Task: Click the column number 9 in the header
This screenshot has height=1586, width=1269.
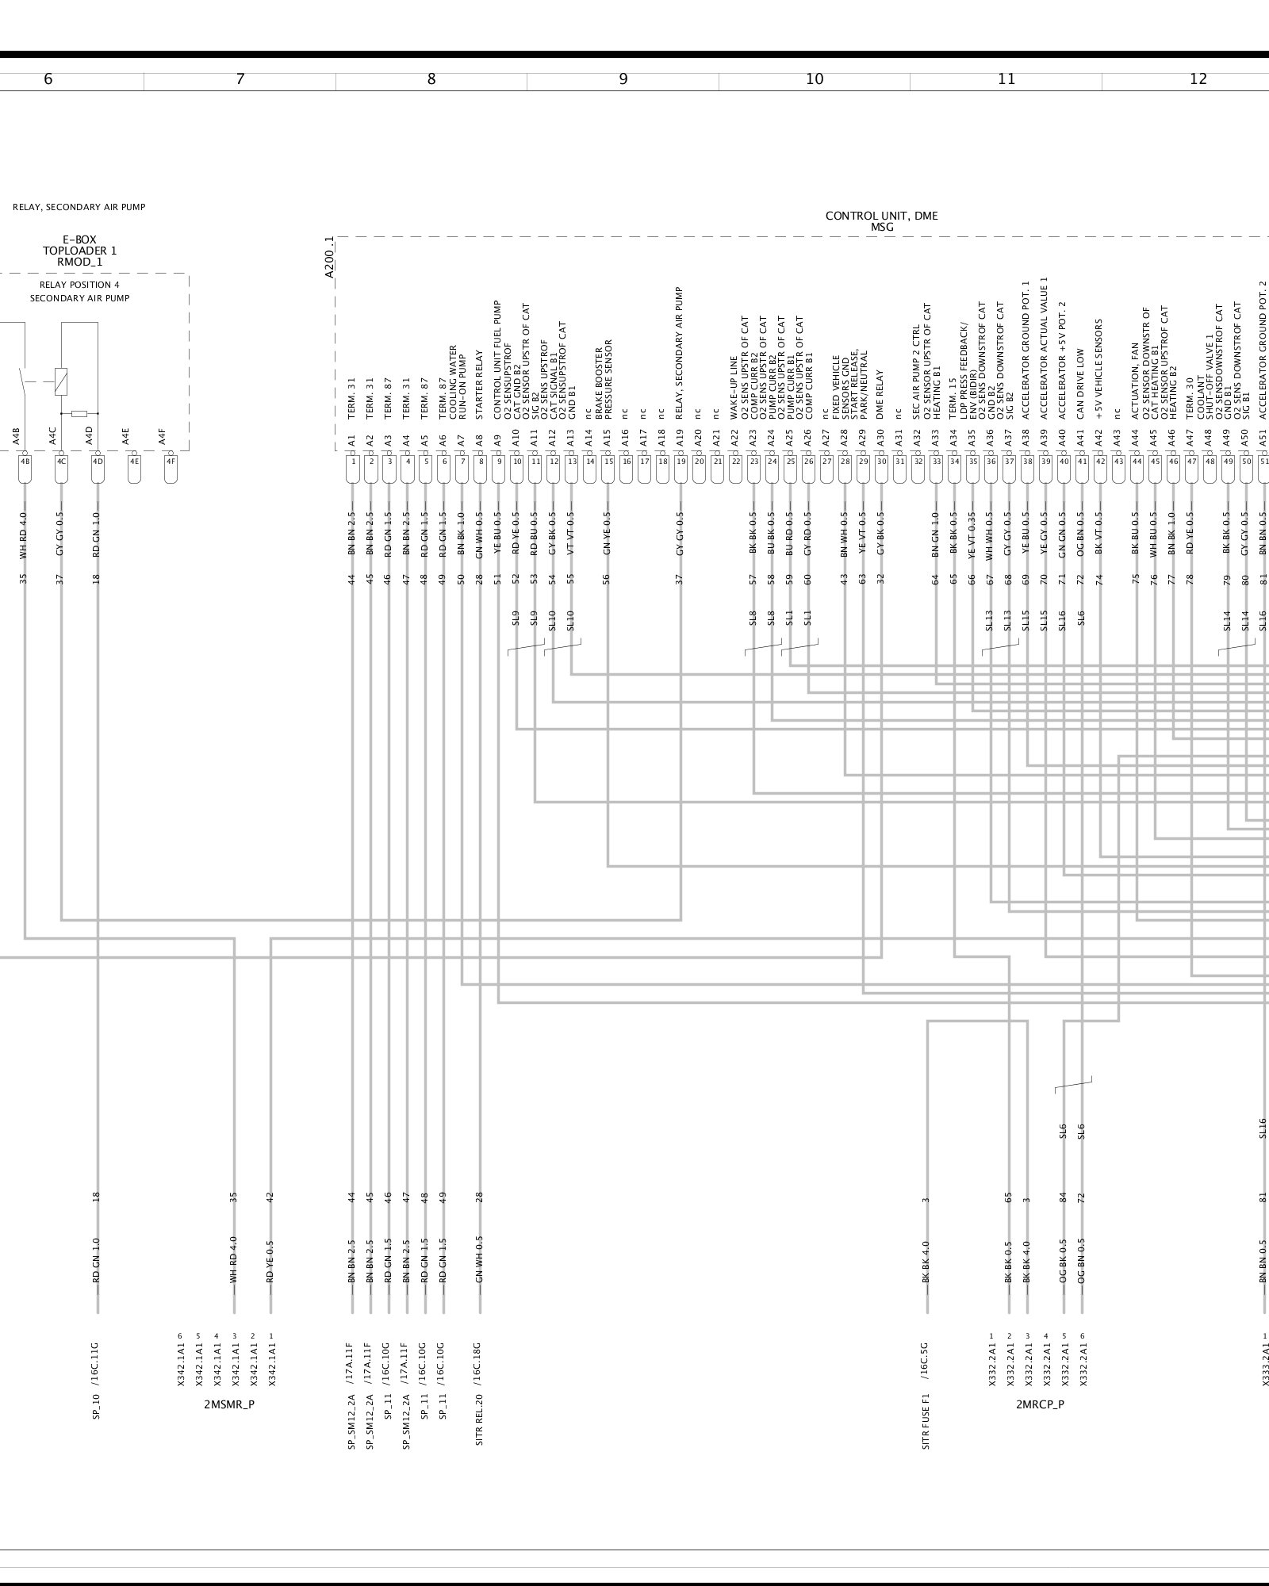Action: click(x=623, y=79)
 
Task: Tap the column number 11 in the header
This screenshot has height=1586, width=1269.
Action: click(x=1006, y=79)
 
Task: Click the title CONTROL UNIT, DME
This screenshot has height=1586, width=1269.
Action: click(x=881, y=216)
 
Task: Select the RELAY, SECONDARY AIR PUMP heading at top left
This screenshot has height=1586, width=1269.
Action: click(x=79, y=208)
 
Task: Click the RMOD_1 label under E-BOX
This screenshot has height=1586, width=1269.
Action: click(x=79, y=262)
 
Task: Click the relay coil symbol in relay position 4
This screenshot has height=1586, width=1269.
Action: click(x=61, y=382)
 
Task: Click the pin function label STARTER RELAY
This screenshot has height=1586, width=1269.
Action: click(x=479, y=385)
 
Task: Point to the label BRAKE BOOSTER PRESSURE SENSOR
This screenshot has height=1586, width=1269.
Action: click(x=604, y=379)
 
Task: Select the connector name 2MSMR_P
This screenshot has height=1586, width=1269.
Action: click(x=229, y=1404)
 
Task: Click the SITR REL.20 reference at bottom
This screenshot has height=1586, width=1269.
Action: click(x=479, y=1416)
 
